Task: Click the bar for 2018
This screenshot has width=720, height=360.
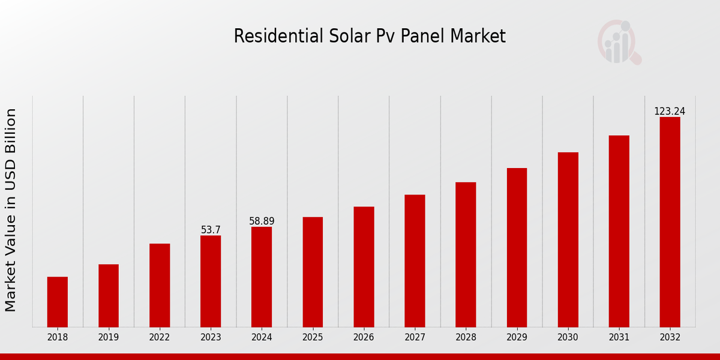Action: [x=58, y=302]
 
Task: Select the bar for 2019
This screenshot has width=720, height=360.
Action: [x=109, y=296]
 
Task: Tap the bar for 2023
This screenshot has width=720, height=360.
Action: [x=211, y=281]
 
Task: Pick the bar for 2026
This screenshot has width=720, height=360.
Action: [x=364, y=267]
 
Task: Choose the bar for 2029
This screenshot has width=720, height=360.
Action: [x=517, y=248]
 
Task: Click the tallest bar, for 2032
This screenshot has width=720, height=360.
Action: [x=670, y=222]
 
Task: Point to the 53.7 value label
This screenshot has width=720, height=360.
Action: [x=211, y=230]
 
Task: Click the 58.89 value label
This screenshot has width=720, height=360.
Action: [x=262, y=221]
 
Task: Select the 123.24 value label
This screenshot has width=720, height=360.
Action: [x=670, y=112]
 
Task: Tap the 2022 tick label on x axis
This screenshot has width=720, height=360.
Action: [x=160, y=337]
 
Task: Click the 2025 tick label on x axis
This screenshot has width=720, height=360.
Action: [x=313, y=337]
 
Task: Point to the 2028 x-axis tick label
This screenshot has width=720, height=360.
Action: [x=466, y=337]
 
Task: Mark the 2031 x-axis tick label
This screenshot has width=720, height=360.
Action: [x=619, y=337]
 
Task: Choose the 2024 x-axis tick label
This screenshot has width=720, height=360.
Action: [x=262, y=337]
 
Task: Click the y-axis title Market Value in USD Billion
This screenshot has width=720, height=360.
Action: [x=11, y=210]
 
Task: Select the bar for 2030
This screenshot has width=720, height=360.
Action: [x=568, y=240]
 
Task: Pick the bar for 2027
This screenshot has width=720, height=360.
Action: [x=415, y=261]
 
